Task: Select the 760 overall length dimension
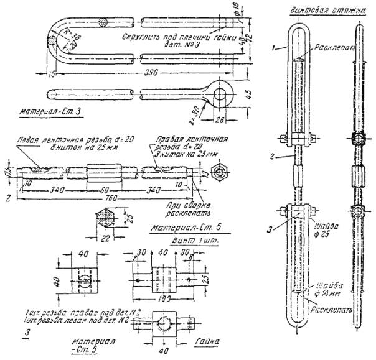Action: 110,199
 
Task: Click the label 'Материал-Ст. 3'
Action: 47,113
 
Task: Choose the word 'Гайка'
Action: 206,341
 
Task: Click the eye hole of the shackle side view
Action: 221,94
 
